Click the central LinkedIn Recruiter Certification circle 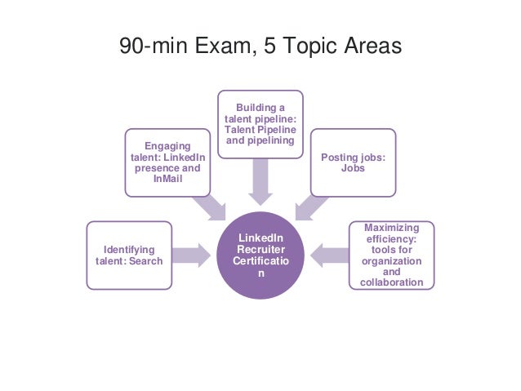click(261, 255)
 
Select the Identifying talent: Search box click(130, 255)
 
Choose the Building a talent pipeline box click(261, 124)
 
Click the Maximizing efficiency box click(392, 255)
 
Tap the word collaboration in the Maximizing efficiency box click(392, 283)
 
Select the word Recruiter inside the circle click(261, 249)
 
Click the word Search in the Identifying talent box click(146, 261)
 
